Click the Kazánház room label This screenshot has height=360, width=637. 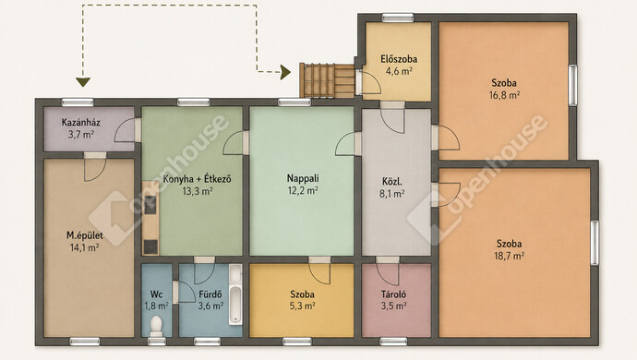pyautogui.click(x=81, y=122)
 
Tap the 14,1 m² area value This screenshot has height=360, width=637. pyautogui.click(x=85, y=247)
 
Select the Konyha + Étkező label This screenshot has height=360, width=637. pyautogui.click(x=197, y=179)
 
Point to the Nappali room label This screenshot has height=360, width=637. pyautogui.click(x=303, y=178)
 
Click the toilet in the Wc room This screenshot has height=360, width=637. pyautogui.click(x=156, y=326)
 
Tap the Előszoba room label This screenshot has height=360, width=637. pyautogui.click(x=399, y=59)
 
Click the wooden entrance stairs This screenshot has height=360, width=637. pyautogui.click(x=327, y=80)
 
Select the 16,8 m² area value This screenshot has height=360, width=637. pyautogui.click(x=505, y=95)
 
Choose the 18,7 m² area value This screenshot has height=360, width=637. pyautogui.click(x=510, y=256)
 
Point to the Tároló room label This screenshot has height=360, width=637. pyautogui.click(x=393, y=294)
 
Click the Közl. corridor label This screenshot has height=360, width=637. pyautogui.click(x=392, y=182)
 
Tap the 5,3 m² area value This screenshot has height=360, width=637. pyautogui.click(x=302, y=306)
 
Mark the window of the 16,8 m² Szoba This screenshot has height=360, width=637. pyautogui.click(x=572, y=85)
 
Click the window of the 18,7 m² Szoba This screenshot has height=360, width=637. pyautogui.click(x=595, y=243)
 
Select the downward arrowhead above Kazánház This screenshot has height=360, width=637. pyautogui.click(x=83, y=82)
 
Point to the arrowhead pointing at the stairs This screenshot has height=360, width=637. pyautogui.click(x=286, y=72)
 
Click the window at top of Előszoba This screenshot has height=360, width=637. pyautogui.click(x=398, y=18)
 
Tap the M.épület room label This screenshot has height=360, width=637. pyautogui.click(x=85, y=235)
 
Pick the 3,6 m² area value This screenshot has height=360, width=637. pyautogui.click(x=210, y=306)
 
